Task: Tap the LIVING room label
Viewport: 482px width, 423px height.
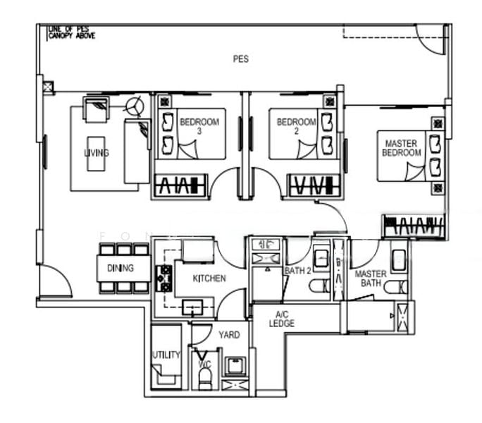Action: pyautogui.click(x=97, y=152)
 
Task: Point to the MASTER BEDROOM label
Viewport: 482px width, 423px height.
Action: pyautogui.click(x=402, y=148)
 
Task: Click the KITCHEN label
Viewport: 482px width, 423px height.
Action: pyautogui.click(x=210, y=279)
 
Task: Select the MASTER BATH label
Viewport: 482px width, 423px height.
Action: pyautogui.click(x=370, y=278)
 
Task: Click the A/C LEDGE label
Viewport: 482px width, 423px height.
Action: pyautogui.click(x=281, y=319)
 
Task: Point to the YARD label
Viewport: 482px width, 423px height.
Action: pyautogui.click(x=228, y=335)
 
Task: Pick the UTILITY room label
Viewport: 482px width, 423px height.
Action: pyautogui.click(x=166, y=355)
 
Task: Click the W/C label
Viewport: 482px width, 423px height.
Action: pyautogui.click(x=204, y=364)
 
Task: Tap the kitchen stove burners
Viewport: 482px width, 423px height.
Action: pyautogui.click(x=166, y=278)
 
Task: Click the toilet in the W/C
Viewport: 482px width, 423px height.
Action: pyautogui.click(x=205, y=379)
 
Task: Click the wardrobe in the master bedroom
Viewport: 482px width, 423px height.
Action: pyautogui.click(x=414, y=227)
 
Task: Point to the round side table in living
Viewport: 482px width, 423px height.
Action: pyautogui.click(x=135, y=106)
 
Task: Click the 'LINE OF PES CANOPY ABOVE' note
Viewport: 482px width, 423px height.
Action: pyautogui.click(x=70, y=32)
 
